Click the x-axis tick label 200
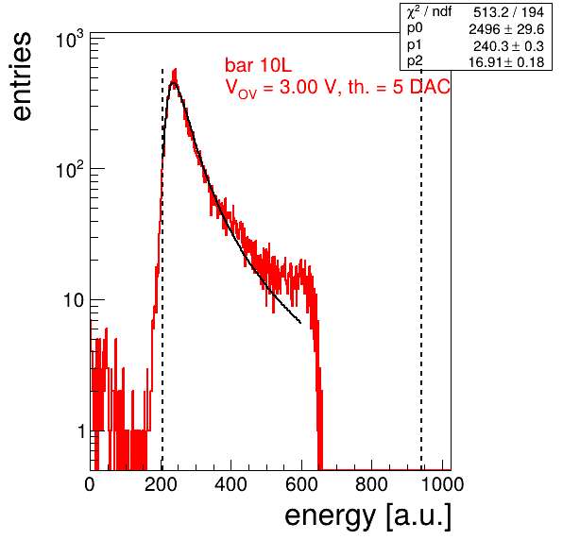[161, 484]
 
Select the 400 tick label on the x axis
[230, 484]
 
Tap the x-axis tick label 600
[301, 484]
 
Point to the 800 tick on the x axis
[371, 484]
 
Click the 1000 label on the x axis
[442, 484]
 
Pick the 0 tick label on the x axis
[90, 484]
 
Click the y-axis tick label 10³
[70, 40]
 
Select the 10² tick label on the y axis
[70, 170]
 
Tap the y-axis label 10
[74, 300]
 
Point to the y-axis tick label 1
[81, 431]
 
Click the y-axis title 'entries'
[22, 76]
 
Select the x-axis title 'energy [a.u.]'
[367, 516]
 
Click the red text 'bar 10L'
[258, 65]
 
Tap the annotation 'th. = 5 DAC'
[399, 87]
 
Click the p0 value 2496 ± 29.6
[506, 29]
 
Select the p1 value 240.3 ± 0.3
[508, 46]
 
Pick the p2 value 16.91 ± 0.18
[506, 62]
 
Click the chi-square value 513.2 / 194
[508, 12]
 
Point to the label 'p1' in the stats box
[415, 45]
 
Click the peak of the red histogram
[175, 69]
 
